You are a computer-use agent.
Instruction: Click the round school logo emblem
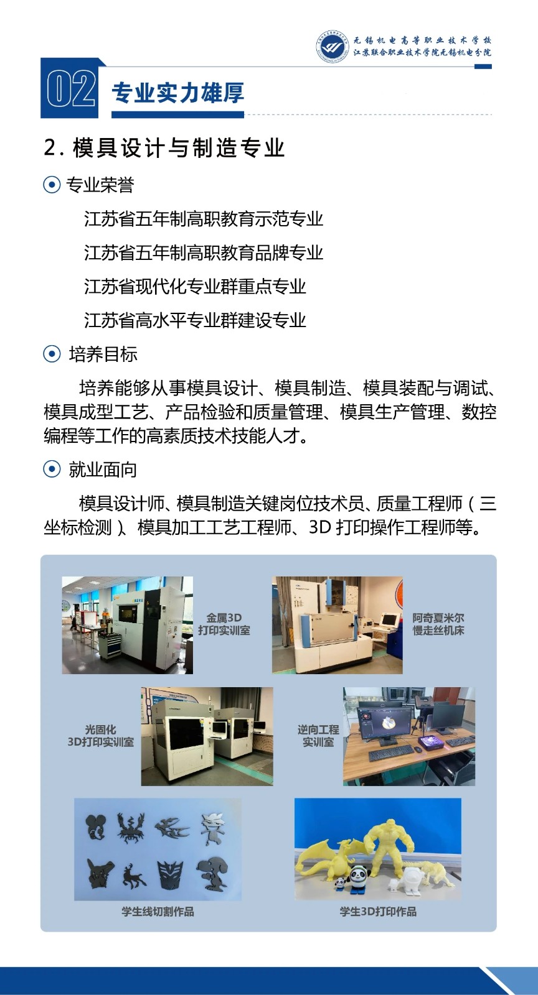click(332, 46)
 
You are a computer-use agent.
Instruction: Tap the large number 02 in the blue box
click(71, 90)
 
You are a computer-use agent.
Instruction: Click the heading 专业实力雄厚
click(178, 93)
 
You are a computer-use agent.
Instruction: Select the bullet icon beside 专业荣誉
click(52, 184)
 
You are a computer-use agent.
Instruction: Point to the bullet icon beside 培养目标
click(52, 354)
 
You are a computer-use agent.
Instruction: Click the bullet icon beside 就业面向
click(52, 469)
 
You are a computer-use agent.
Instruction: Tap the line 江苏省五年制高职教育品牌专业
click(204, 252)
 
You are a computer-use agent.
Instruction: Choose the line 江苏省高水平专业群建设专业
click(195, 320)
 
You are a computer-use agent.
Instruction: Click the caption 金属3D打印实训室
click(224, 624)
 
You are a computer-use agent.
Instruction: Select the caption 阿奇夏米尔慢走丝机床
click(438, 624)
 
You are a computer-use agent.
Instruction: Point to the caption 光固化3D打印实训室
click(100, 736)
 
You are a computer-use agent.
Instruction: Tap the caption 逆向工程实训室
click(318, 736)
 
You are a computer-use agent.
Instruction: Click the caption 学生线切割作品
click(158, 912)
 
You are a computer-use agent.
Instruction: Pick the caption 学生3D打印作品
click(378, 912)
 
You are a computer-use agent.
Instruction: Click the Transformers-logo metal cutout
click(171, 875)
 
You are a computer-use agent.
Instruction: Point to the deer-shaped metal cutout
click(133, 877)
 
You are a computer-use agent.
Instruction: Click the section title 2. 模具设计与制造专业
click(164, 148)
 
